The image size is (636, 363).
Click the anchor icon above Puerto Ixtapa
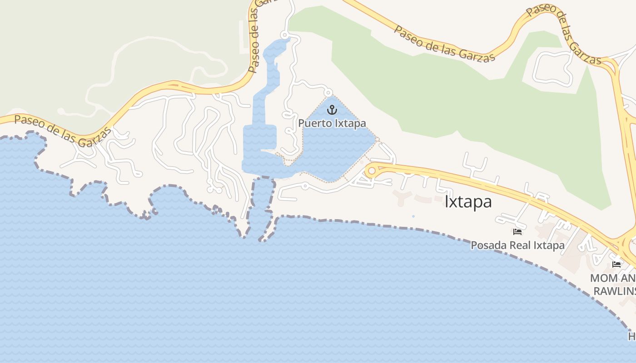tap(332, 109)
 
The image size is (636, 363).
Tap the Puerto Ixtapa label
tap(332, 123)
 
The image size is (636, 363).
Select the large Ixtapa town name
tap(468, 201)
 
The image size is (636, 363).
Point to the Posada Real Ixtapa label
tap(517, 245)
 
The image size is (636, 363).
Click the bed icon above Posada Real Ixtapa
tap(517, 232)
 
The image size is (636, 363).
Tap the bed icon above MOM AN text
tap(616, 264)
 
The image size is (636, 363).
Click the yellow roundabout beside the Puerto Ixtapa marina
tap(372, 171)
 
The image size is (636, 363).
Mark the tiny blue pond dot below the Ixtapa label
tap(413, 216)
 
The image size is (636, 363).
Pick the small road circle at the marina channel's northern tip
tap(284, 35)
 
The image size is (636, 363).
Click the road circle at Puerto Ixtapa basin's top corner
tap(328, 93)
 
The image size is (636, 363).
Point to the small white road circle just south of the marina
tap(305, 185)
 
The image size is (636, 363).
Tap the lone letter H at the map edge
tap(632, 336)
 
